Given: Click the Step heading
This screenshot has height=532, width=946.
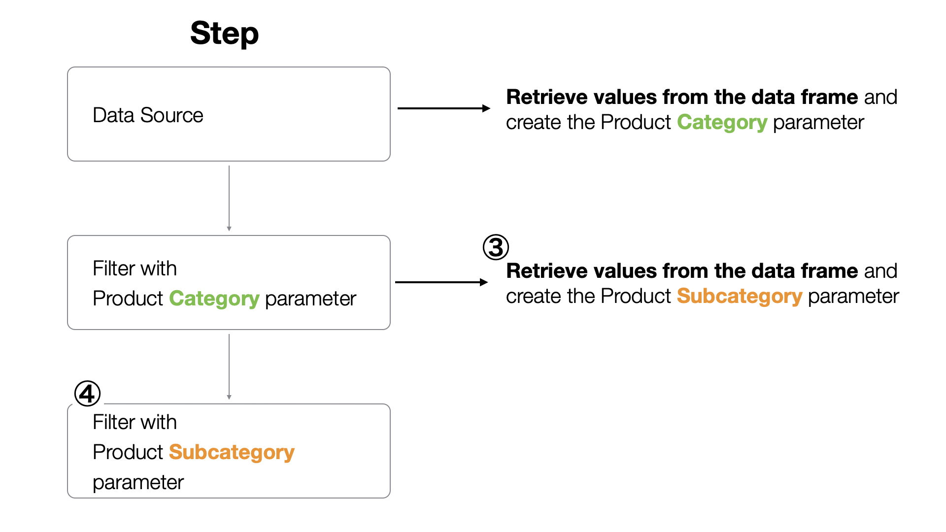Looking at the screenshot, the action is pyautogui.click(x=224, y=33).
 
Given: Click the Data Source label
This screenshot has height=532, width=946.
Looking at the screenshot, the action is pyautogui.click(x=148, y=115).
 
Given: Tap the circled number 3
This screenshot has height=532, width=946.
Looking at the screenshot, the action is pyautogui.click(x=496, y=247).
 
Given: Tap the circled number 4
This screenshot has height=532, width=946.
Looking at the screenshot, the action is pyautogui.click(x=87, y=394).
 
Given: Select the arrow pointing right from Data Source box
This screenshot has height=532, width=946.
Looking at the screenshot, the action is pyautogui.click(x=444, y=108).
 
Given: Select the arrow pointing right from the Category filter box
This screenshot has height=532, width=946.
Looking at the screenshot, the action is pyautogui.click(x=441, y=282).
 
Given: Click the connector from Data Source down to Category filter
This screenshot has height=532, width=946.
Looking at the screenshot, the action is pyautogui.click(x=229, y=199).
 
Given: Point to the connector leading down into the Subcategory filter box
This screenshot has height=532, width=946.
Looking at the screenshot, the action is pyautogui.click(x=229, y=367).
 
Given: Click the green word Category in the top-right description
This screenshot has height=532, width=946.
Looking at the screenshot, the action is pyautogui.click(x=722, y=123).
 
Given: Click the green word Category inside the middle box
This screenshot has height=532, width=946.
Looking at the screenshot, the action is pyautogui.click(x=214, y=299).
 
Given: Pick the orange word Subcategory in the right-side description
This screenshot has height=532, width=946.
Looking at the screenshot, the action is pyautogui.click(x=740, y=297).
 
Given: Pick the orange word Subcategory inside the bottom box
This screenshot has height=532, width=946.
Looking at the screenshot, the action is pyautogui.click(x=232, y=453).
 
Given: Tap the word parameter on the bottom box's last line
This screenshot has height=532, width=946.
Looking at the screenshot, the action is pyautogui.click(x=138, y=483).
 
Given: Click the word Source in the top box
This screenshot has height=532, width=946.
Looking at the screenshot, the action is pyautogui.click(x=172, y=115).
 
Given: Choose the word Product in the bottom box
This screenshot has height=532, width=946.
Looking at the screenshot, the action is pyautogui.click(x=128, y=452).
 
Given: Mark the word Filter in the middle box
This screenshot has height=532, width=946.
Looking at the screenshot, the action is pyautogui.click(x=114, y=268).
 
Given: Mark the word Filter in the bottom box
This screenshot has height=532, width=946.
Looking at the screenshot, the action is pyautogui.click(x=114, y=422).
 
